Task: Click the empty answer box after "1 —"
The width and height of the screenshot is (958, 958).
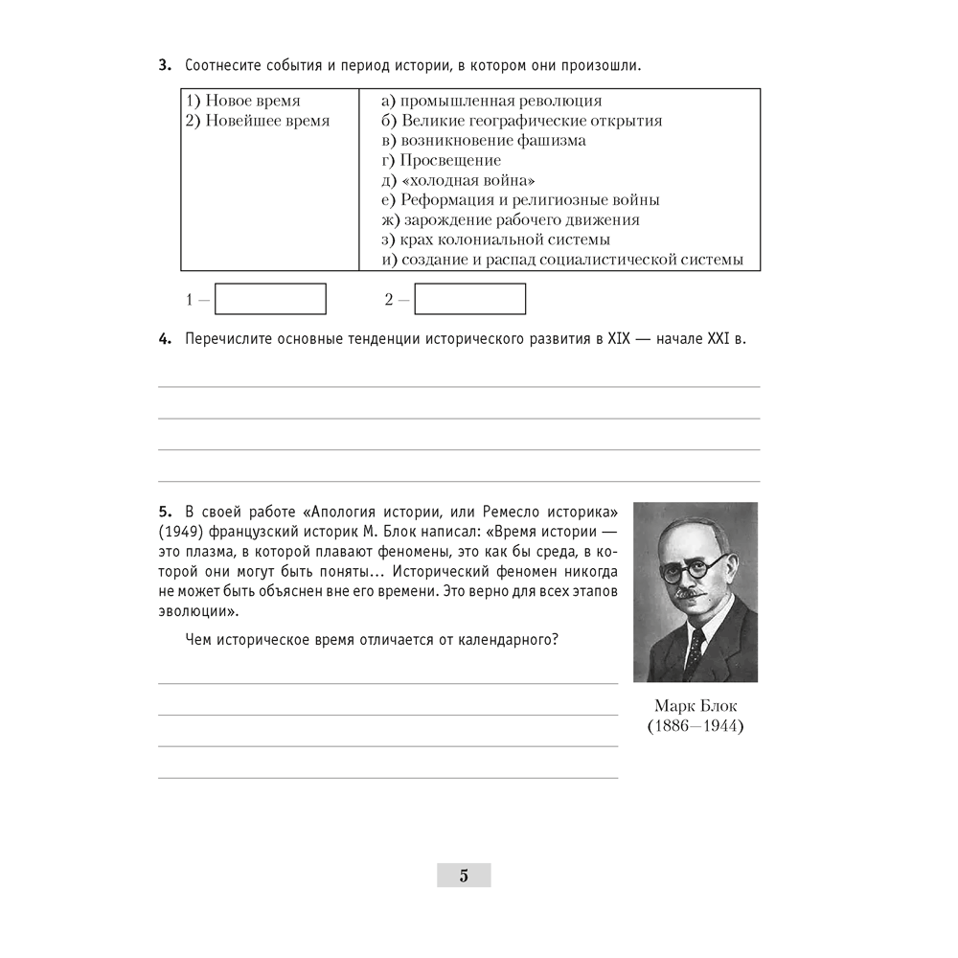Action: click(270, 299)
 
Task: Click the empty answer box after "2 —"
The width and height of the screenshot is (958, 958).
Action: click(469, 299)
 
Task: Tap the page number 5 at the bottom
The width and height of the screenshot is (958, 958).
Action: click(464, 875)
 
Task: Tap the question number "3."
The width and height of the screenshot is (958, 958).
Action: click(165, 66)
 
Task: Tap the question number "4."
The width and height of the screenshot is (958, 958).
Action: click(165, 339)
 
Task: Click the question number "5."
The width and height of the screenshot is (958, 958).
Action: click(165, 507)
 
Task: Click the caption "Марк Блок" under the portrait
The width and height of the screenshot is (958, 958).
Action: click(696, 706)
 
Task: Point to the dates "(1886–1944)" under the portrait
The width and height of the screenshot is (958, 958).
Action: click(696, 726)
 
